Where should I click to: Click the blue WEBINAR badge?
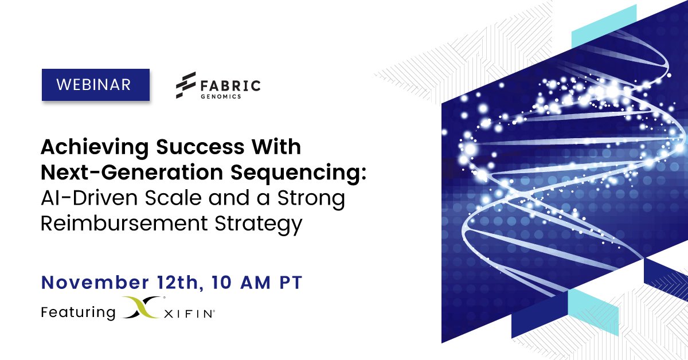[96, 85]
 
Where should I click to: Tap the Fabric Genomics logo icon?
[186, 85]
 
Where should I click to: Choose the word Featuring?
[78, 312]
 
